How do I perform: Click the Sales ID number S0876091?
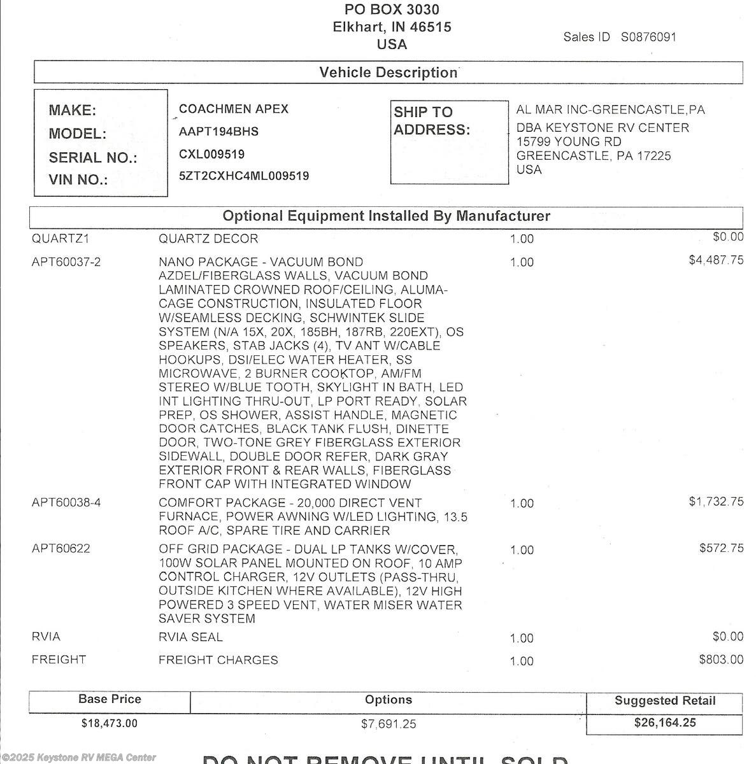tap(648, 37)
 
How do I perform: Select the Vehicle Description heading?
tap(389, 73)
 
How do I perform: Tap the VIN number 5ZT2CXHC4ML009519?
tap(244, 176)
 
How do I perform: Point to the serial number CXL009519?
tap(211, 154)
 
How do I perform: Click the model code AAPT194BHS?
tap(218, 132)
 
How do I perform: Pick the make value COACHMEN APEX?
tap(234, 109)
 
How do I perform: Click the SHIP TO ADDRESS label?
tap(431, 121)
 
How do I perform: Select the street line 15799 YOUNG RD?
tap(569, 141)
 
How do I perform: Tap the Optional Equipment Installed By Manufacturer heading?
tap(386, 216)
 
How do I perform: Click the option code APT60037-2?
tap(66, 262)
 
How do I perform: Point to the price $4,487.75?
tap(716, 260)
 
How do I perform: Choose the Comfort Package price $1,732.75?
tap(716, 502)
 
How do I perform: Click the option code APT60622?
tap(61, 549)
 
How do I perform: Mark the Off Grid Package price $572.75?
tap(721, 548)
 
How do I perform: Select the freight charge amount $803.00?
tap(721, 660)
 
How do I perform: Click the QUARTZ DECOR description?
tap(208, 239)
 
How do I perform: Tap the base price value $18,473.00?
tap(109, 723)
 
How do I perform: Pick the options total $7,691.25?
tap(389, 724)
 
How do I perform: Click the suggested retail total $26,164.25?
tap(665, 723)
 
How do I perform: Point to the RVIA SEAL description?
tap(190, 637)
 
